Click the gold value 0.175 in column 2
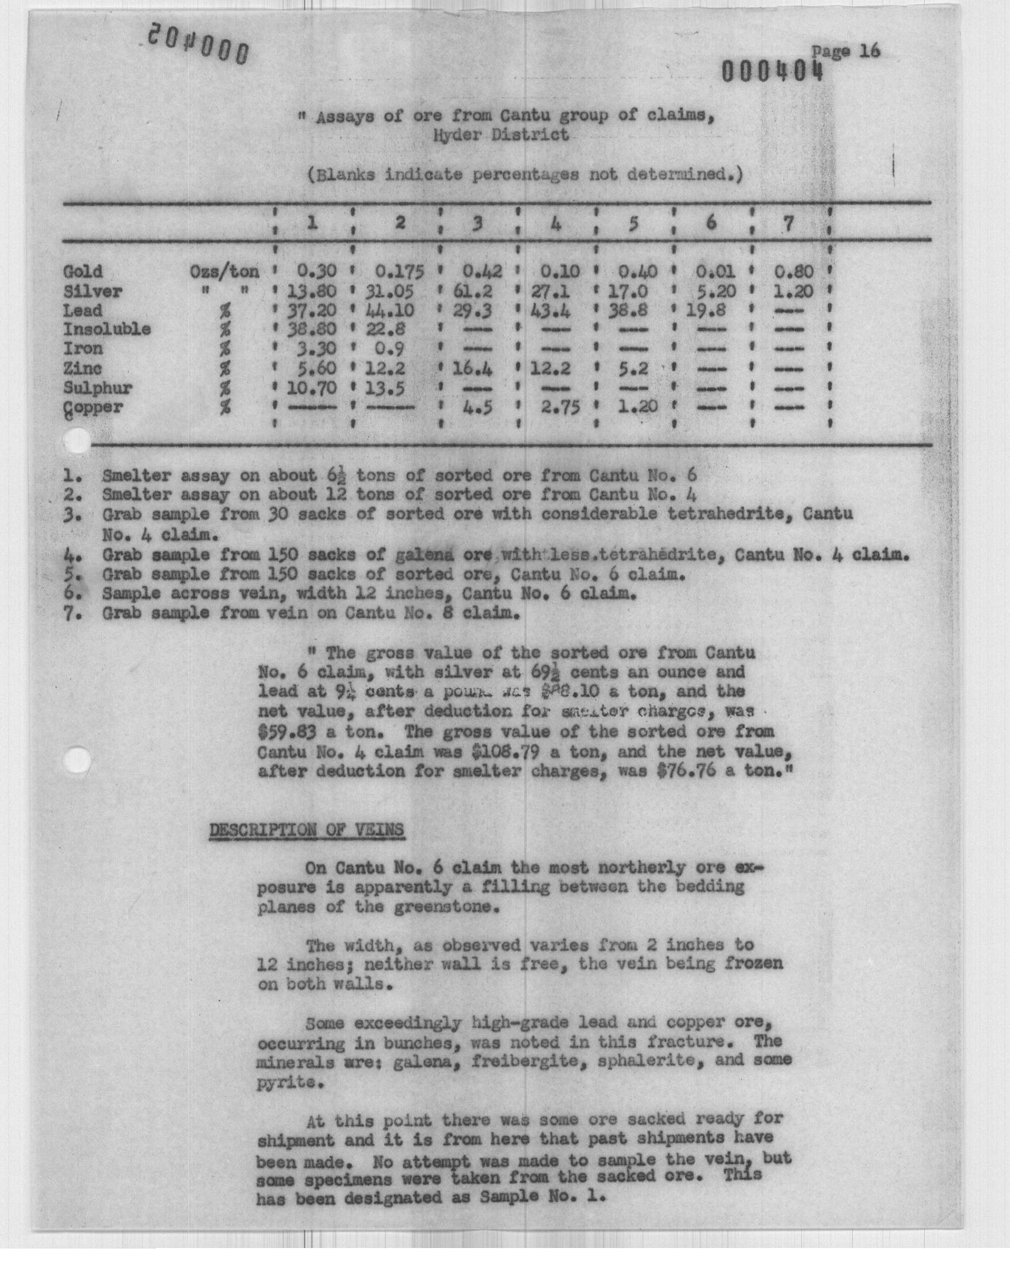(400, 272)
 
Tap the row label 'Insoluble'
(107, 329)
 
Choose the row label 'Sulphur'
(98, 389)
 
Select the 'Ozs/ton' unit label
(224, 272)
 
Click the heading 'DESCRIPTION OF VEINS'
(306, 830)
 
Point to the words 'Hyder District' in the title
(501, 136)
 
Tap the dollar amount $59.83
(287, 732)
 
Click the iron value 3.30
(316, 349)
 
